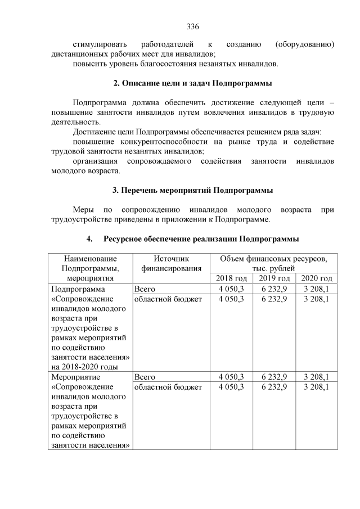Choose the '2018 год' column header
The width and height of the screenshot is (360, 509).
click(231, 278)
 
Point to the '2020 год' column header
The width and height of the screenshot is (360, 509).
click(316, 278)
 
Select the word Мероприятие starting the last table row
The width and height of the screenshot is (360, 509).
click(72, 377)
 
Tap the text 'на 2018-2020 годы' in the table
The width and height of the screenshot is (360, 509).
click(84, 367)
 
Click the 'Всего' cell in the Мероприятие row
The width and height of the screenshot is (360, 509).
click(145, 377)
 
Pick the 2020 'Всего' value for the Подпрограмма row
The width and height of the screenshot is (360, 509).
click(316, 289)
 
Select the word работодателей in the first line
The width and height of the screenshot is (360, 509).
click(168, 44)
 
